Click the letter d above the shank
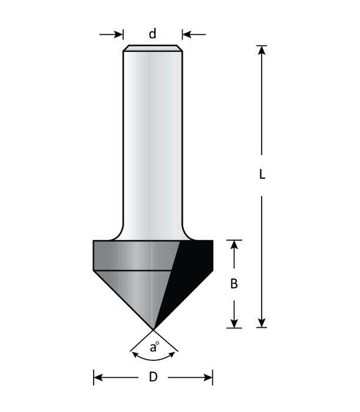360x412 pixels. pyautogui.click(x=153, y=34)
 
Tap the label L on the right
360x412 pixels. pyautogui.click(x=263, y=175)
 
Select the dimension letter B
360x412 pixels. pyautogui.click(x=234, y=284)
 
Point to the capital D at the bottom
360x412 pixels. pyautogui.click(x=153, y=377)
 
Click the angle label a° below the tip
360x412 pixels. pyautogui.click(x=154, y=347)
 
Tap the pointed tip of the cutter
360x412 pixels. pyautogui.click(x=153, y=328)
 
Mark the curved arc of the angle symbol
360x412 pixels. pyautogui.click(x=153, y=356)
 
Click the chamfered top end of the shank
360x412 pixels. pyautogui.click(x=153, y=48)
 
